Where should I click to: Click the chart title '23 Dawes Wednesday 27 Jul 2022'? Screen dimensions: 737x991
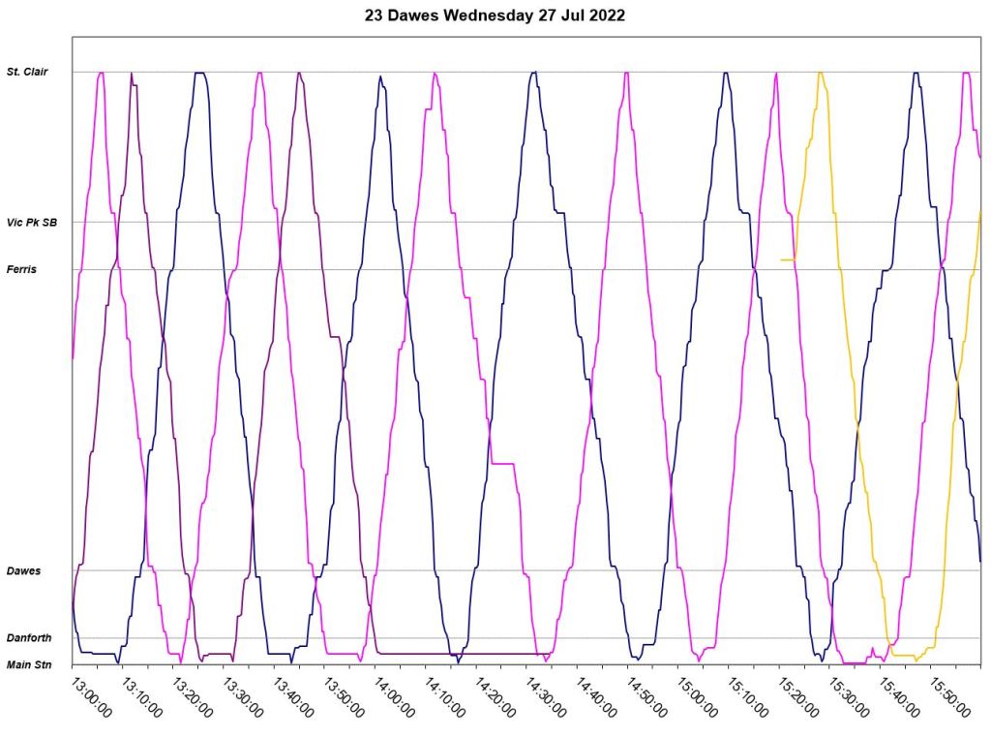495,15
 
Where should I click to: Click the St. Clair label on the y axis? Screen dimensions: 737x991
27,72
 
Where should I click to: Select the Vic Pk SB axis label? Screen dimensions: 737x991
32,222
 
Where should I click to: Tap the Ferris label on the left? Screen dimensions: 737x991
21,269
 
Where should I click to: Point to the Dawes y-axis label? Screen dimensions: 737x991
23,570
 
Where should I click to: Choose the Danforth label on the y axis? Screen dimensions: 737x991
28,638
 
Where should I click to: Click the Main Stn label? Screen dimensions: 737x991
28,664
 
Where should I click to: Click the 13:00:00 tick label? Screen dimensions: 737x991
92,696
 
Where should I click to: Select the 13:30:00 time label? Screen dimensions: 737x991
243,696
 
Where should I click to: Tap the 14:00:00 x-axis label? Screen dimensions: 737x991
395,696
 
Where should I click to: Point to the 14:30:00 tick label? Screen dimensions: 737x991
546,696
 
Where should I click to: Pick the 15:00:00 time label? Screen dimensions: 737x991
698,696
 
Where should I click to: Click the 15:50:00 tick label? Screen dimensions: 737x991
949,696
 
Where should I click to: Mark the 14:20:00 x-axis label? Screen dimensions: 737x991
495,696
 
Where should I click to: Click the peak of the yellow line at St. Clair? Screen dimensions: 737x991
821,73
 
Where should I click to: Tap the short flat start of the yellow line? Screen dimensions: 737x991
788,260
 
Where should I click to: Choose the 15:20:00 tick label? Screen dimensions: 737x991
798,696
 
